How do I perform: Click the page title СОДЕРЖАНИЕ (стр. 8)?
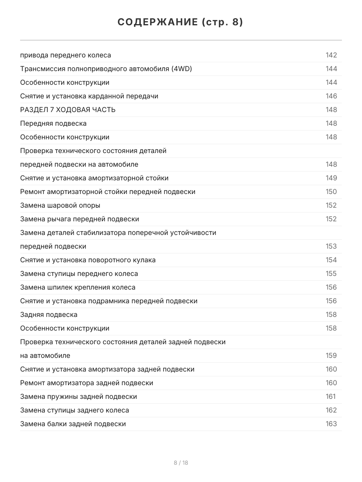(x=180, y=22)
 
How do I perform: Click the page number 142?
(x=331, y=55)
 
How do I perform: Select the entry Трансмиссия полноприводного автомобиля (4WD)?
(x=106, y=69)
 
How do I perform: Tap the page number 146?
(x=331, y=96)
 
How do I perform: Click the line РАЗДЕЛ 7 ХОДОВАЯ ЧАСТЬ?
(x=68, y=110)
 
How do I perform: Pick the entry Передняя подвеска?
(x=53, y=123)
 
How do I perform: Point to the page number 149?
(x=331, y=178)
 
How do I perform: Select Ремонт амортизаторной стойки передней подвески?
(x=108, y=192)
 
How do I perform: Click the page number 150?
(x=331, y=192)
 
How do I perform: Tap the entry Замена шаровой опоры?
(x=60, y=205)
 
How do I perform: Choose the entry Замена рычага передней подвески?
(x=80, y=219)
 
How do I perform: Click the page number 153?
(x=331, y=246)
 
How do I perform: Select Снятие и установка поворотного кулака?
(x=88, y=260)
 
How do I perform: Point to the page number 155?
(x=331, y=274)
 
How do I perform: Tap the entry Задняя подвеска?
(x=49, y=315)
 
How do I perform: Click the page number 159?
(x=331, y=355)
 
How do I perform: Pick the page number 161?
(x=331, y=396)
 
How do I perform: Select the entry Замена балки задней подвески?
(x=73, y=424)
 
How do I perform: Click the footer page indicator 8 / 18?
(x=181, y=463)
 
